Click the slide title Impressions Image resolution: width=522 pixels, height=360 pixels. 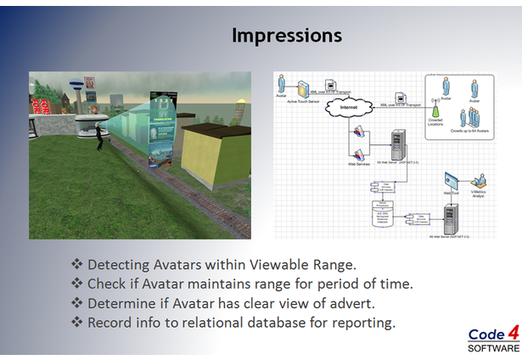pyautogui.click(x=287, y=36)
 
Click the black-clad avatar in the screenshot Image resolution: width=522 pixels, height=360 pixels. pyautogui.click(x=99, y=136)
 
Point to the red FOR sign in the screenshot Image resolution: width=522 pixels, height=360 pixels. pyautogui.click(x=38, y=106)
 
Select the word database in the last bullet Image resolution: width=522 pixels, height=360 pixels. pyautogui.click(x=280, y=323)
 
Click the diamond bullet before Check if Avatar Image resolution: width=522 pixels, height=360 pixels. pyautogui.click(x=77, y=284)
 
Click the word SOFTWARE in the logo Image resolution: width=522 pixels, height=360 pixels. pyautogui.click(x=491, y=348)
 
